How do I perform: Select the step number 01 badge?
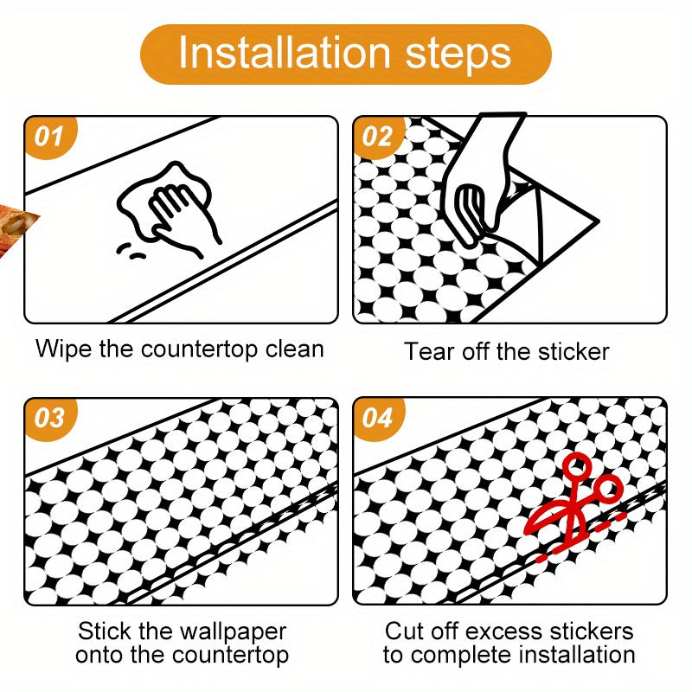(x=50, y=136)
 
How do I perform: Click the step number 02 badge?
(x=379, y=136)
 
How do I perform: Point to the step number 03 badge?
(x=50, y=418)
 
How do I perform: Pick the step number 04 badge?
(x=379, y=418)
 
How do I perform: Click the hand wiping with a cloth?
(x=170, y=208)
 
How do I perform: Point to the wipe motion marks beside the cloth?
(x=131, y=251)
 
